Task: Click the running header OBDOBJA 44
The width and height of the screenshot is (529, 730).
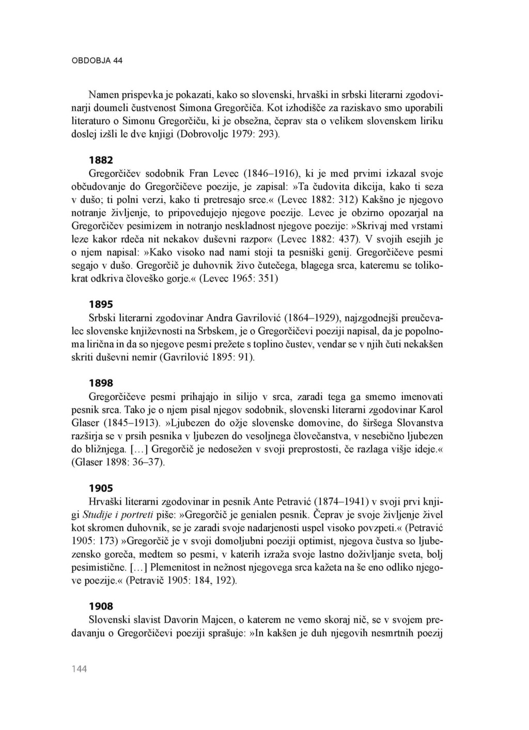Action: point(97,60)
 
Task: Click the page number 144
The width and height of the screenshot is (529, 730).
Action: point(80,669)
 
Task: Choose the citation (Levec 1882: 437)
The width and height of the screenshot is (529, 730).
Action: point(320,239)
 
